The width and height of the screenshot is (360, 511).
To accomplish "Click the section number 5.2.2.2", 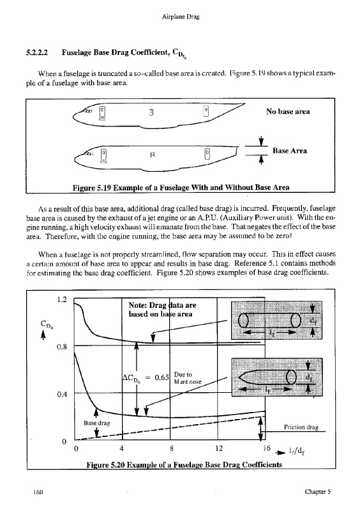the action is click(x=37, y=52).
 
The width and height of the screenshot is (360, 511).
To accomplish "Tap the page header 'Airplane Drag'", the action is click(x=181, y=17).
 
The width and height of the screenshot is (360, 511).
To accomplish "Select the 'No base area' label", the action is click(x=288, y=111).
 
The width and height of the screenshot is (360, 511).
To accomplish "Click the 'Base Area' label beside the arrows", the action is click(x=290, y=151).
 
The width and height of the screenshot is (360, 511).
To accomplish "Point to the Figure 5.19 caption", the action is click(x=181, y=187).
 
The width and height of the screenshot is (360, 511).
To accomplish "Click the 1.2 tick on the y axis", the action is click(x=61, y=299).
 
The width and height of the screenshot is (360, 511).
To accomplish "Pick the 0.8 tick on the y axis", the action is click(x=61, y=346).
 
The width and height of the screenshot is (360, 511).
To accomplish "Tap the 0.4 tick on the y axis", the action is click(x=61, y=394).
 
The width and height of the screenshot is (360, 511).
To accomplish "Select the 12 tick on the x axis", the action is click(x=219, y=448).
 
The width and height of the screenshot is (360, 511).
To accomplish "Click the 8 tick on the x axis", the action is click(x=171, y=448).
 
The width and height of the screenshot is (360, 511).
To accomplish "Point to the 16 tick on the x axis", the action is click(x=267, y=448).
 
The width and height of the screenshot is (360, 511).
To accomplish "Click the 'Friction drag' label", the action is click(x=301, y=427).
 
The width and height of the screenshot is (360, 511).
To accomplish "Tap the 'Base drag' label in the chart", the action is click(x=96, y=423).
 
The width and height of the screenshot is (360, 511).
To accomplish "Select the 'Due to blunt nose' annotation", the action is click(x=188, y=378).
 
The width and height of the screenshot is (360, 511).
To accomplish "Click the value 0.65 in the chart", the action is click(x=161, y=378).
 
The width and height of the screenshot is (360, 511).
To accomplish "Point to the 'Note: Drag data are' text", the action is click(x=162, y=305).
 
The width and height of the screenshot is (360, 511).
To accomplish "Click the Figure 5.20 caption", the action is click(x=184, y=464).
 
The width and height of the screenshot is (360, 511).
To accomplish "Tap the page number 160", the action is click(x=38, y=492).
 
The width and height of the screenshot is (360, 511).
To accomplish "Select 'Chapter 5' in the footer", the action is click(x=318, y=491).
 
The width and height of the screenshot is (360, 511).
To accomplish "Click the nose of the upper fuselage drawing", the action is click(x=74, y=116).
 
